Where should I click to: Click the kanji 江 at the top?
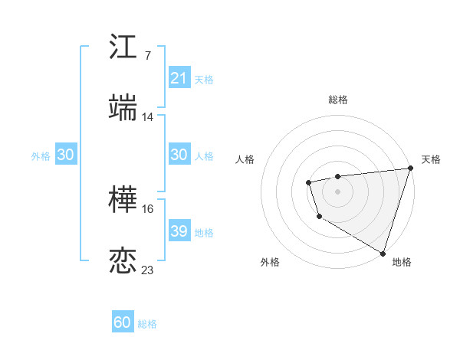[x=123, y=47]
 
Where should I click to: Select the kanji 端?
[x=123, y=108]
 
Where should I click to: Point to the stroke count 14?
[x=147, y=117]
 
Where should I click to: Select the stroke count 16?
[x=147, y=208]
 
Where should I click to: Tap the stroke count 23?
[x=147, y=270]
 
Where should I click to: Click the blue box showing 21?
[x=179, y=78]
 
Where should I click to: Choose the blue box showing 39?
[x=179, y=231]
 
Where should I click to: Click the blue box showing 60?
[x=123, y=322]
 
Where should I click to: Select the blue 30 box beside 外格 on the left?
[x=66, y=155]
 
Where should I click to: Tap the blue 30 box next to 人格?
[x=179, y=155]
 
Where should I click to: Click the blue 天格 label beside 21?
[x=204, y=79]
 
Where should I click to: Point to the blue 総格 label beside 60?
[x=147, y=323]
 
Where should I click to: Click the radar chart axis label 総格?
[x=337, y=100]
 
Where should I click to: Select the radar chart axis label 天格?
[x=431, y=159]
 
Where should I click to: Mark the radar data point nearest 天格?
[x=410, y=168]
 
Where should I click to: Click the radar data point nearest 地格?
[x=383, y=253]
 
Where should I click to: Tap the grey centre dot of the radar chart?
[x=337, y=191]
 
